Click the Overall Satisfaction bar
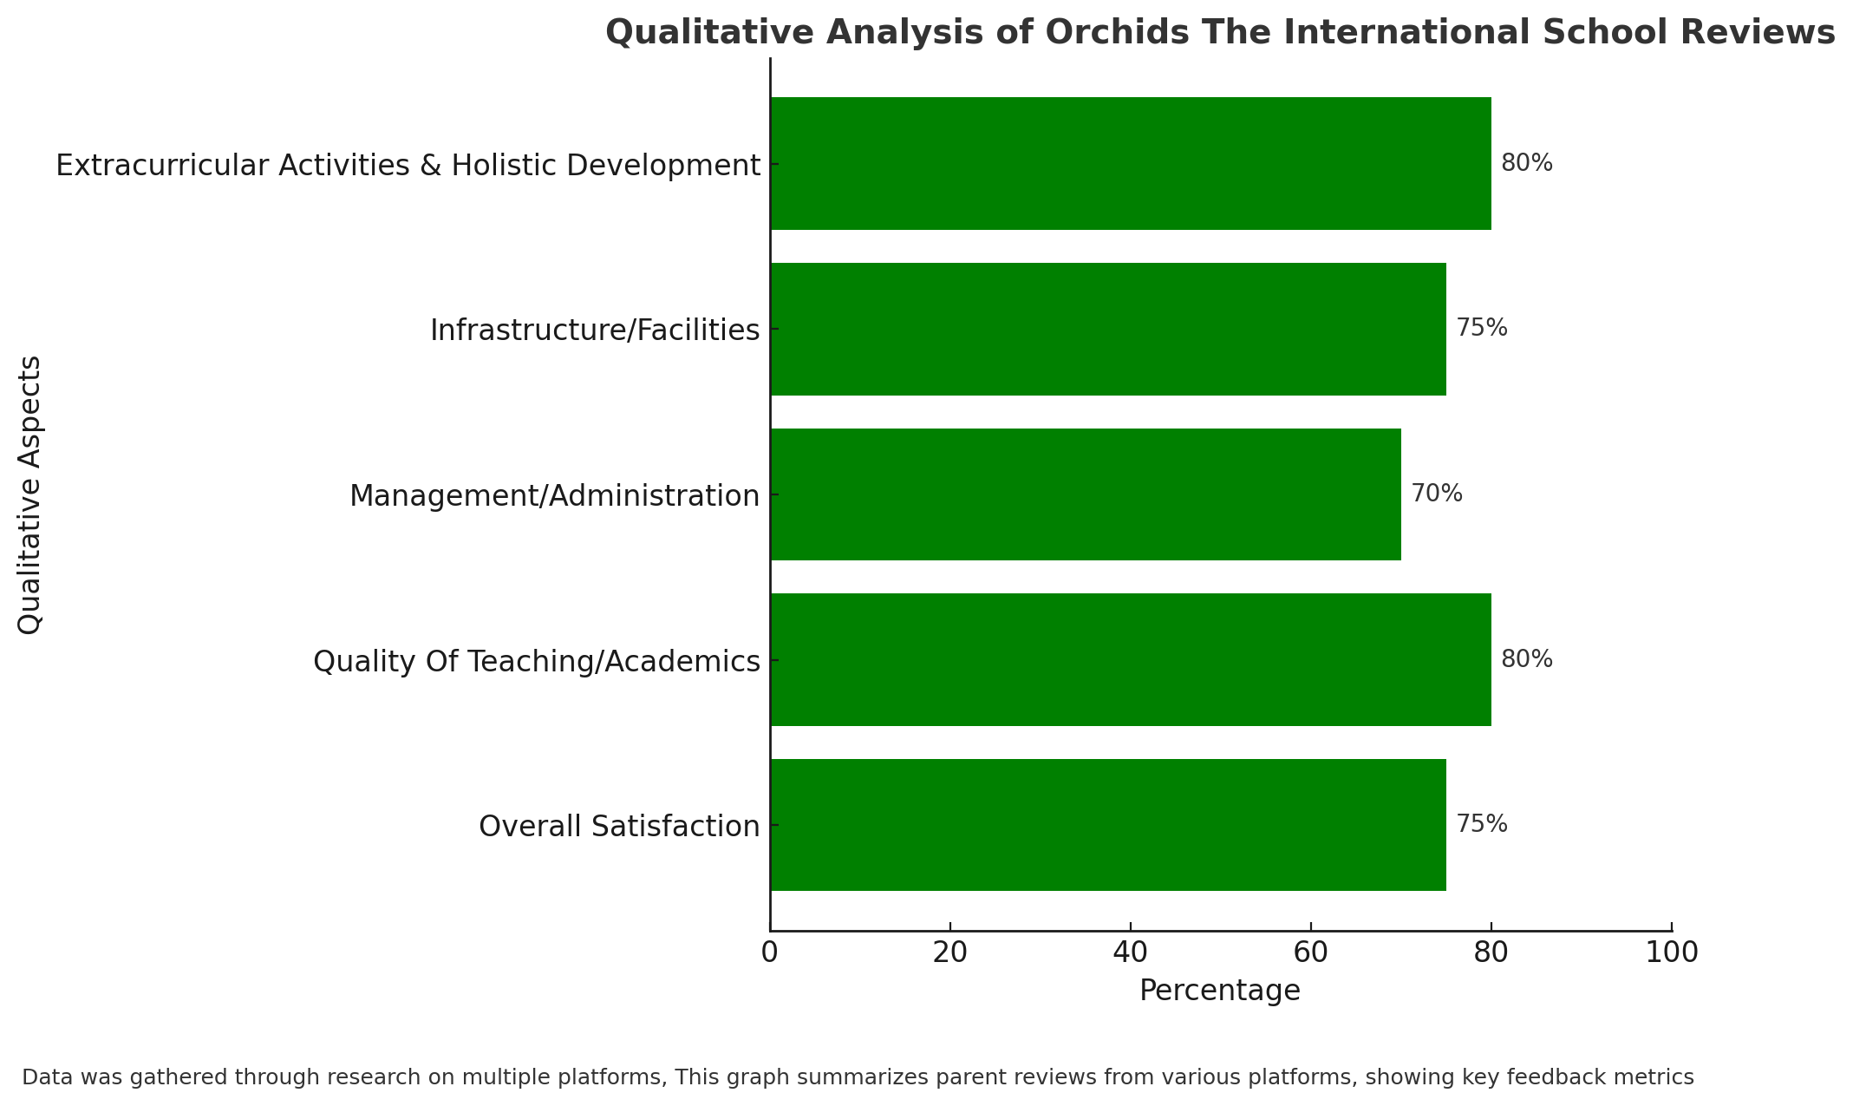(x=1108, y=825)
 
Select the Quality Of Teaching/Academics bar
(x=1131, y=659)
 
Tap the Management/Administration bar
(x=1086, y=494)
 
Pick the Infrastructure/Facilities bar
(x=1108, y=329)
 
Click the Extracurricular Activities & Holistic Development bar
(x=1131, y=163)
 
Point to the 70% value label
(x=1437, y=494)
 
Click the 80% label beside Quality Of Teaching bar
(x=1527, y=659)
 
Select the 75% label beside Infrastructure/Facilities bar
(x=1482, y=328)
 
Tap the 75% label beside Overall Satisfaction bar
(x=1482, y=824)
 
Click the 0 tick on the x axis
(x=770, y=952)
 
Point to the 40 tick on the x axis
(x=1131, y=952)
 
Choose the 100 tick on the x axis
(x=1672, y=952)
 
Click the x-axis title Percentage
(x=1220, y=991)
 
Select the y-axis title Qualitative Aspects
(x=30, y=494)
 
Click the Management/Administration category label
(x=555, y=496)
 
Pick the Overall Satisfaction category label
(x=619, y=827)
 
